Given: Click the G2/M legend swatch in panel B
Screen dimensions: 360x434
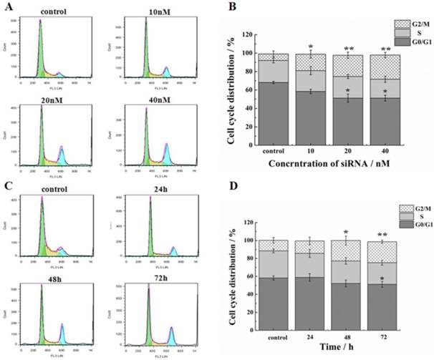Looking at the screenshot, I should coord(391,24).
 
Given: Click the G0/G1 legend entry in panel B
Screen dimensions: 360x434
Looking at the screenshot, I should coord(413,42).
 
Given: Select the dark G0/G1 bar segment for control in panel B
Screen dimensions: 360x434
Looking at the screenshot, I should coord(274,115).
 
